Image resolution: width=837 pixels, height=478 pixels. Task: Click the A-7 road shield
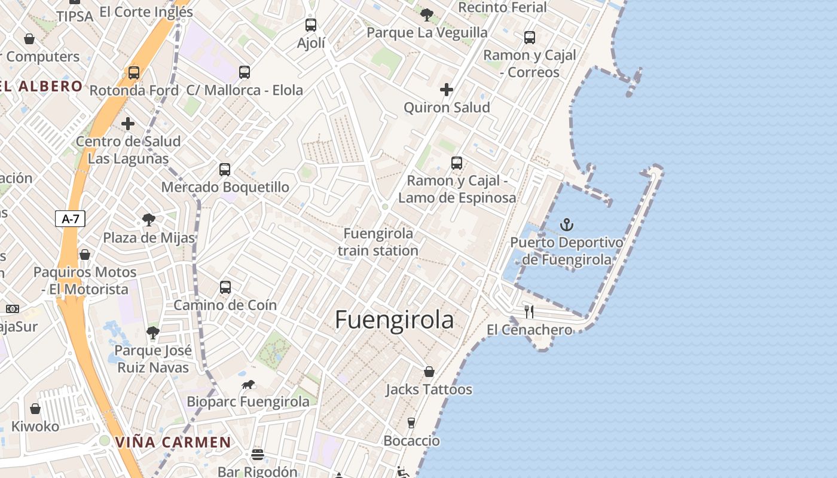[x=71, y=219]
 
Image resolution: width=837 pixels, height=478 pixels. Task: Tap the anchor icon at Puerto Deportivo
[x=566, y=225]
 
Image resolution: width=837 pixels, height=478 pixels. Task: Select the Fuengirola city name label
[x=394, y=320]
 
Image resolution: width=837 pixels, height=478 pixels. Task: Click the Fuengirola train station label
[x=378, y=242]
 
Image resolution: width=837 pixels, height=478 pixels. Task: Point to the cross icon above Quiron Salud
[x=446, y=90]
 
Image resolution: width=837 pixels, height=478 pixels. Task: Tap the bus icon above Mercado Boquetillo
[x=225, y=169]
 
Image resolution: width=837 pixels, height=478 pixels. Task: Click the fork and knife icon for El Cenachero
[x=529, y=311]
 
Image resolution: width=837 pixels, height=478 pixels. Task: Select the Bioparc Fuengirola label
[x=248, y=402]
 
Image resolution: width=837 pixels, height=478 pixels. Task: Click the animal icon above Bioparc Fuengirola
[x=248, y=384]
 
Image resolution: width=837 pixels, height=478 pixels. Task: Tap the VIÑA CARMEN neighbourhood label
[x=173, y=442]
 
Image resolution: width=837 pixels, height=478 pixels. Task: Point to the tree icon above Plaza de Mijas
[x=148, y=220]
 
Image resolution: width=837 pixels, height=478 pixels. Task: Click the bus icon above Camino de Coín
[x=225, y=287]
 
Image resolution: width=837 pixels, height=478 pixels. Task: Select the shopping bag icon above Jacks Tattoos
[x=429, y=372]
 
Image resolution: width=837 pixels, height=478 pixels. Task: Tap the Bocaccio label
[x=411, y=441]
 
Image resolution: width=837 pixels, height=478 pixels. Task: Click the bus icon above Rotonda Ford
[x=134, y=73]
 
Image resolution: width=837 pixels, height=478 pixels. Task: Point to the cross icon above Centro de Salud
[x=128, y=124]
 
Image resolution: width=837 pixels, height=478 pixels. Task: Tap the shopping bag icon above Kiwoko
[x=35, y=409]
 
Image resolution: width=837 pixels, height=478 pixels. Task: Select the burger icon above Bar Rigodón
[x=258, y=454]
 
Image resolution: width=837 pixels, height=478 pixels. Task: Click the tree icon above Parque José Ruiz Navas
[x=153, y=333]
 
